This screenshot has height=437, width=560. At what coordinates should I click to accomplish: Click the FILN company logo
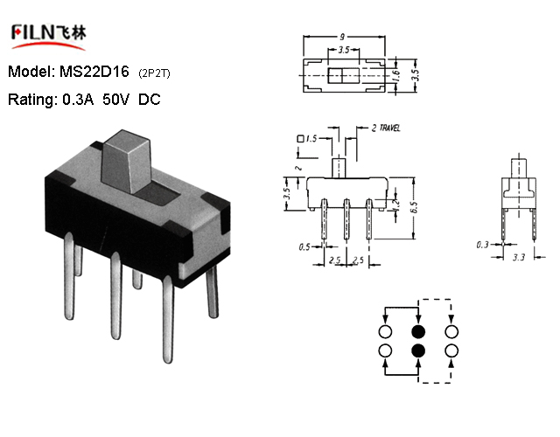coord(49,37)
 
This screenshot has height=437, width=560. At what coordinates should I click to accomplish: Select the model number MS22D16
coord(94,72)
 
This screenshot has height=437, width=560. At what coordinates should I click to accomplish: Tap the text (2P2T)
coord(154,73)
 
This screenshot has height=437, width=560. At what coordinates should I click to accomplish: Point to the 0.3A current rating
coord(78,99)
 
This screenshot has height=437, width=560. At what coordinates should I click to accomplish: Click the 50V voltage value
coord(115,99)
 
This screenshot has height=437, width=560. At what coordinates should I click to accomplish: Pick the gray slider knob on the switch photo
coord(126,161)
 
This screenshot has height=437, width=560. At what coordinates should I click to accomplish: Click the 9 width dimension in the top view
coord(342,37)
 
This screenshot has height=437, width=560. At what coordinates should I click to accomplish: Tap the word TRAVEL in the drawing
coord(389,128)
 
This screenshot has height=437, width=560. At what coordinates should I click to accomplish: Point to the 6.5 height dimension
coord(414,208)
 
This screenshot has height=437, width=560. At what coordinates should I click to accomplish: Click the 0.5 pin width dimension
coord(304,246)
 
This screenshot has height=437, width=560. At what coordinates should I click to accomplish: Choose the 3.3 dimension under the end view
coord(519,257)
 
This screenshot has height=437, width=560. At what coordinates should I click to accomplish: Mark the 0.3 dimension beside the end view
coord(482,245)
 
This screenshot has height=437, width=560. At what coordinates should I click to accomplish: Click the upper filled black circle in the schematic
coord(418,332)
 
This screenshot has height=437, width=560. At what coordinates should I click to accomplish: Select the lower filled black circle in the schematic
coord(418,350)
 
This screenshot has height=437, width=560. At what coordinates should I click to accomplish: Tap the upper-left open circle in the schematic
coord(385,332)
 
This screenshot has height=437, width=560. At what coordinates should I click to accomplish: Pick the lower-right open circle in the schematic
coord(451,350)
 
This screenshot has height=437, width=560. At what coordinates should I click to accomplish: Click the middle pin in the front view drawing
coord(346,219)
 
